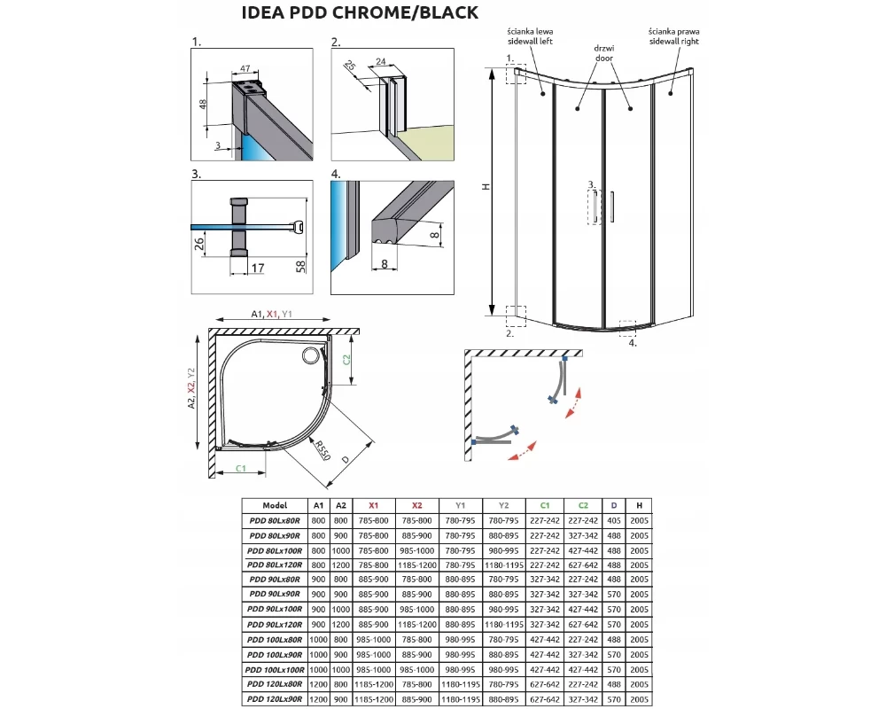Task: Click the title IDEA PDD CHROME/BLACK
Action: (x=360, y=12)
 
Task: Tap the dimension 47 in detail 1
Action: (x=245, y=68)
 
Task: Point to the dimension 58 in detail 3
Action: (x=300, y=267)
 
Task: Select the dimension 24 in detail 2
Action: (x=381, y=62)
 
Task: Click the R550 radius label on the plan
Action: (x=323, y=450)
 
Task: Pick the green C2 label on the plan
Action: (x=347, y=359)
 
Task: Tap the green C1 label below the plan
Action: (x=241, y=468)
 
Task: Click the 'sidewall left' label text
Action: (x=530, y=42)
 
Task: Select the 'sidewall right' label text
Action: (x=674, y=42)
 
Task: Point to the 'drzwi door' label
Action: (x=604, y=53)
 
